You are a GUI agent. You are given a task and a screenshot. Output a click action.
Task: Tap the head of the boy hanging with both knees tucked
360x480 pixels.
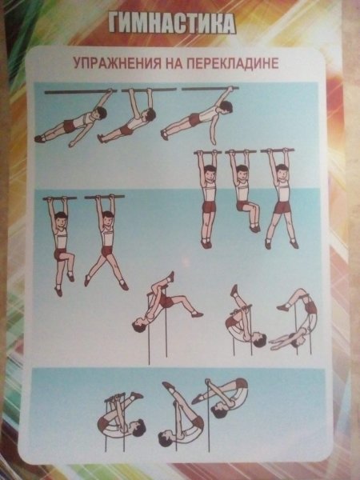point(243,170)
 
